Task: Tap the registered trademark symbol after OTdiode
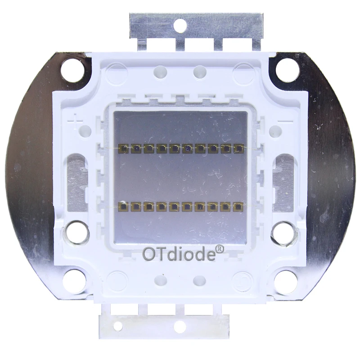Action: pyautogui.click(x=220, y=249)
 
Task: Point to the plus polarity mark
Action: pyautogui.click(x=76, y=120)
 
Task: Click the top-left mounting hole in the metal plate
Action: pyautogui.click(x=72, y=70)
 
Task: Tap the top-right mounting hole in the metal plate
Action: pyautogui.click(x=287, y=70)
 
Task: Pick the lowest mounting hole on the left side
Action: pyautogui.click(x=74, y=282)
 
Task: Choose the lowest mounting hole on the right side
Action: pyautogui.click(x=286, y=282)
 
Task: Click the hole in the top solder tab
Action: pyautogui.click(x=180, y=25)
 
